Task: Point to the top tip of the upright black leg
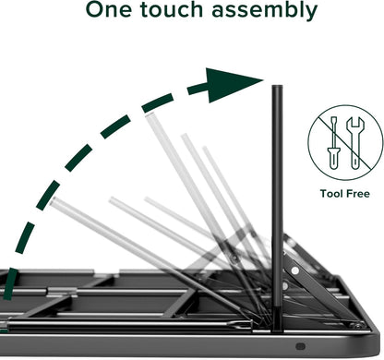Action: tap(275, 89)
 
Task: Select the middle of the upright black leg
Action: tap(276, 203)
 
